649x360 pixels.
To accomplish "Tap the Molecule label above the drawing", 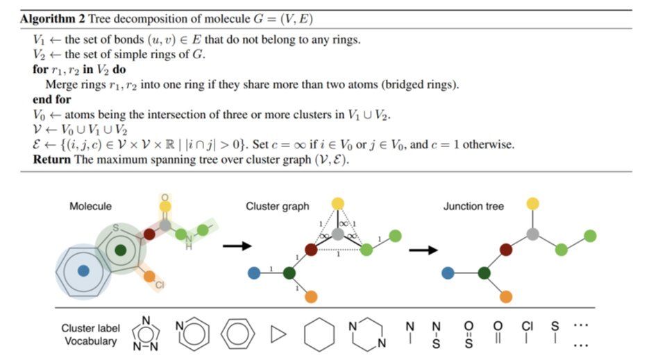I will coord(90,206).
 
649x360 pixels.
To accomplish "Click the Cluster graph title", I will coord(278,206).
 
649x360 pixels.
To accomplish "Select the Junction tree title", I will coord(473,206).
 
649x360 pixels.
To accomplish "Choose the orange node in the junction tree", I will coord(506,297).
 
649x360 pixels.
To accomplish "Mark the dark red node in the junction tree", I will coord(506,249).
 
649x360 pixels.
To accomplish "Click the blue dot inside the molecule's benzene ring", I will coord(84,272).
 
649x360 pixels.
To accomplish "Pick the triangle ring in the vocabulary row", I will coord(278,334).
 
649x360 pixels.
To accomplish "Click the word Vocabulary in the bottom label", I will coord(90,341).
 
